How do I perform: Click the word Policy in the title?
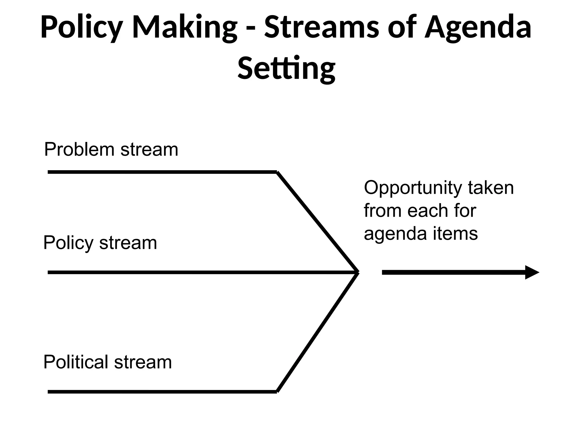(82, 27)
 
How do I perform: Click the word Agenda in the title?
(478, 27)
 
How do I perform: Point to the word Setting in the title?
(286, 68)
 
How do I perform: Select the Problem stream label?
(111, 149)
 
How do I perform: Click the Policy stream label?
(100, 243)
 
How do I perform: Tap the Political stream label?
(107, 362)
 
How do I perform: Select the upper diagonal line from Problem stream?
(318, 222)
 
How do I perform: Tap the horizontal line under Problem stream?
(162, 172)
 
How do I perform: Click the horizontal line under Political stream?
(162, 392)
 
